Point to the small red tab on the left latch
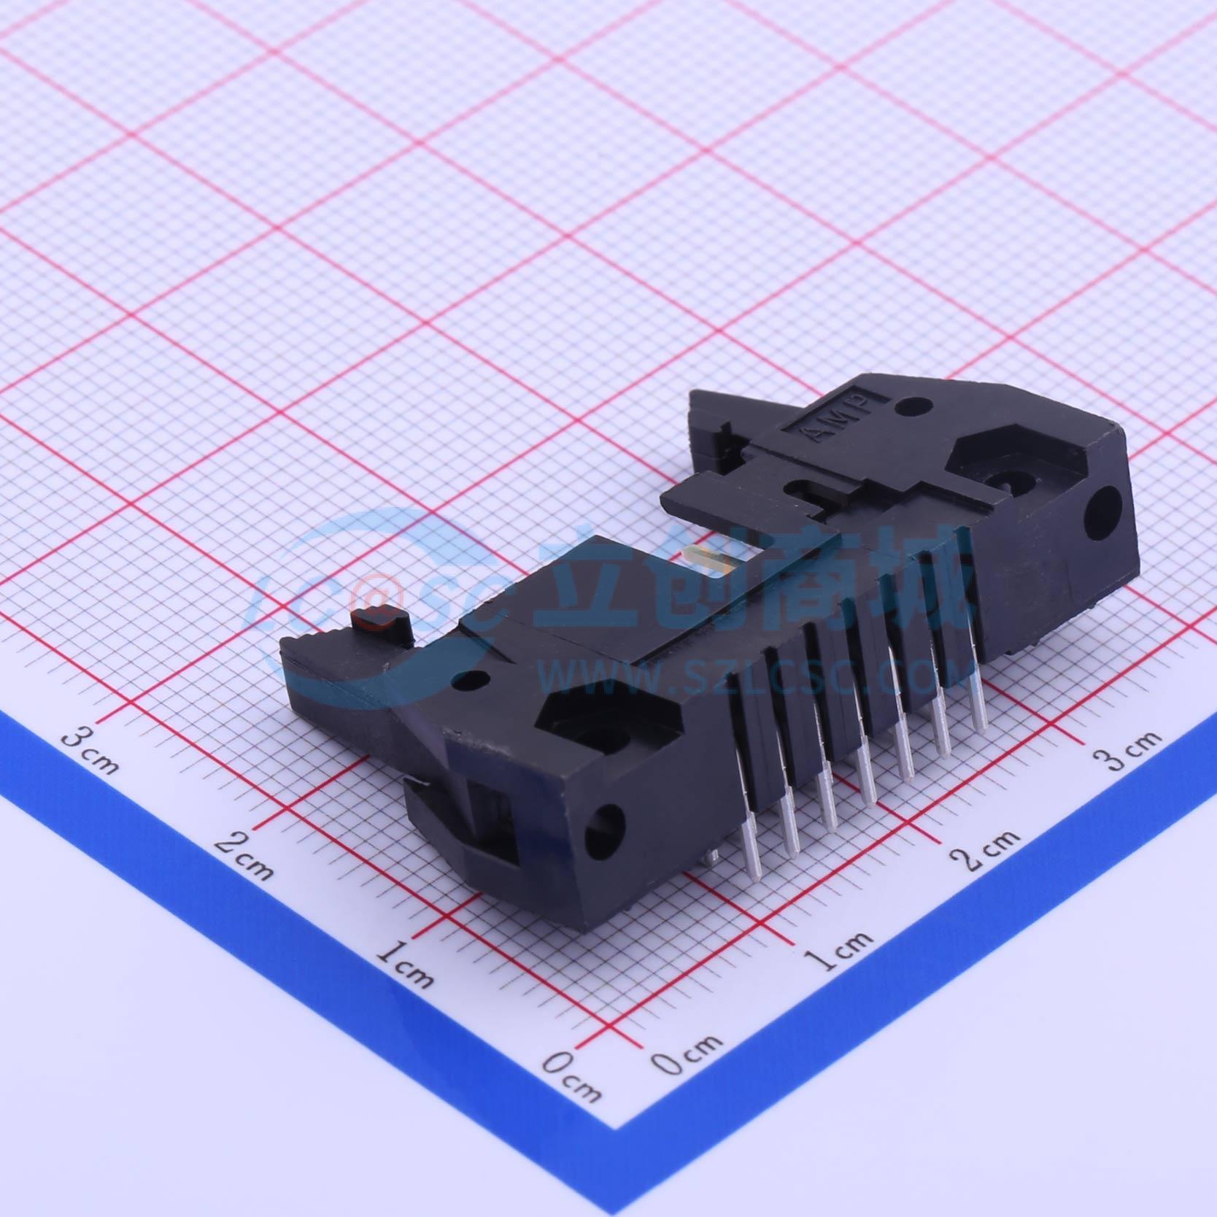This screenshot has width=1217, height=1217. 380,617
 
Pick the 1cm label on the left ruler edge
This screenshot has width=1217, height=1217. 406,964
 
